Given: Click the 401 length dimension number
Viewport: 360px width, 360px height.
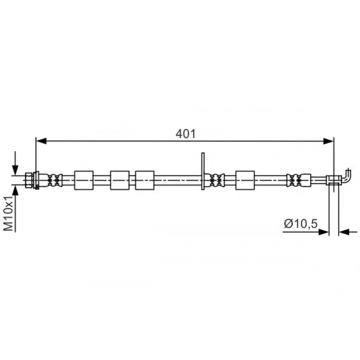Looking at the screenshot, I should pos(186,134).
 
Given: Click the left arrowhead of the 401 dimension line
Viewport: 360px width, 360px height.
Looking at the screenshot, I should pos(40,140).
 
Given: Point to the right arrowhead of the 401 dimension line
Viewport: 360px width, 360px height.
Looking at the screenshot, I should pos(330,140).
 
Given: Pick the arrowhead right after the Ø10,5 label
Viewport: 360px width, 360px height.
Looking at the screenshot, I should pos(325,232).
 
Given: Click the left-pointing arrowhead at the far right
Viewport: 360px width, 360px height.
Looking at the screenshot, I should pos(343,232).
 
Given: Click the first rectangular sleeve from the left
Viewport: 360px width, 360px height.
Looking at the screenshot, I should pos(84,181).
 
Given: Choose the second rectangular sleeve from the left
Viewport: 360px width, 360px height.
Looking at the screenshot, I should pos(120,181).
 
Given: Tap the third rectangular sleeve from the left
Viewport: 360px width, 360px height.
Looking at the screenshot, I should pos(145,181).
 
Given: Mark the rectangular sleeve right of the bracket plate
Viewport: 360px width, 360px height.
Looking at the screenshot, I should pos(245,181).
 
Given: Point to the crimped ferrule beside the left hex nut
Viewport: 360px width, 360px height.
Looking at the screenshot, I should pos(54,180).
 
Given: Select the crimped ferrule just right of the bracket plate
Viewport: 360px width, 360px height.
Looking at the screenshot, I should pos(216,180).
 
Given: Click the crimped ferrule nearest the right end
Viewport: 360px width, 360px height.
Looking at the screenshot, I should pos(295,180).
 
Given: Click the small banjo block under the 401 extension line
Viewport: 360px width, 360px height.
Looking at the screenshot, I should pos(334,179).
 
